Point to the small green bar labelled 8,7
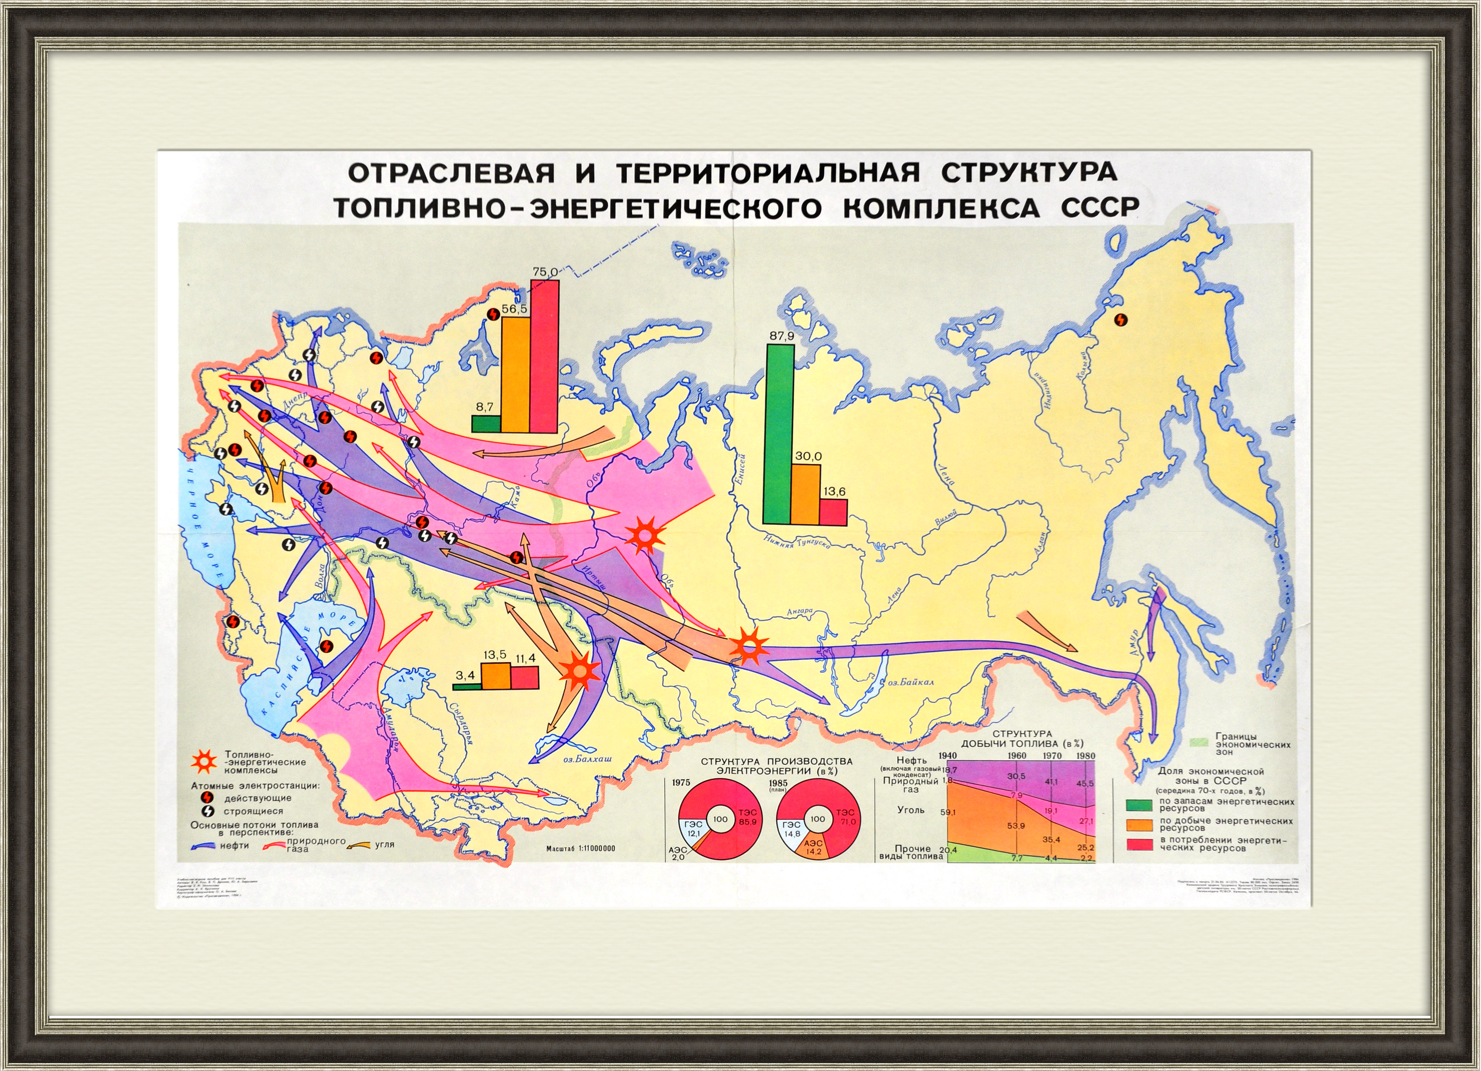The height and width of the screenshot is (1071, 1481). (486, 424)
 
